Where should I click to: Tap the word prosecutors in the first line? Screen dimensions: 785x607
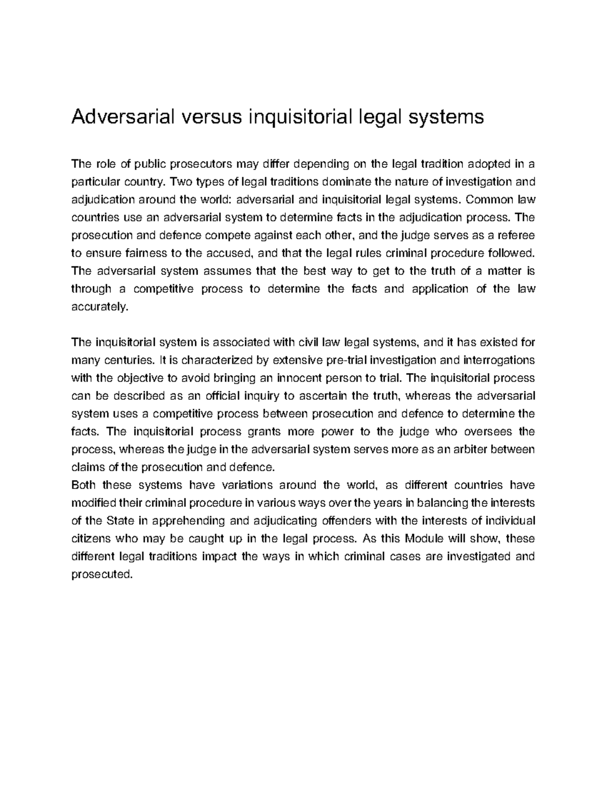(200, 164)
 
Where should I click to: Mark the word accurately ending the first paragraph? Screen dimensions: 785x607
(97, 307)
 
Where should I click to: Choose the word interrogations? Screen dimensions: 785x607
(499, 360)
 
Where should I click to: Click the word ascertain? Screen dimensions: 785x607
(324, 396)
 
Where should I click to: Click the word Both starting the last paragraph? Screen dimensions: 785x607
(83, 485)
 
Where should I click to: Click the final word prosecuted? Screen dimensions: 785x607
(101, 575)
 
